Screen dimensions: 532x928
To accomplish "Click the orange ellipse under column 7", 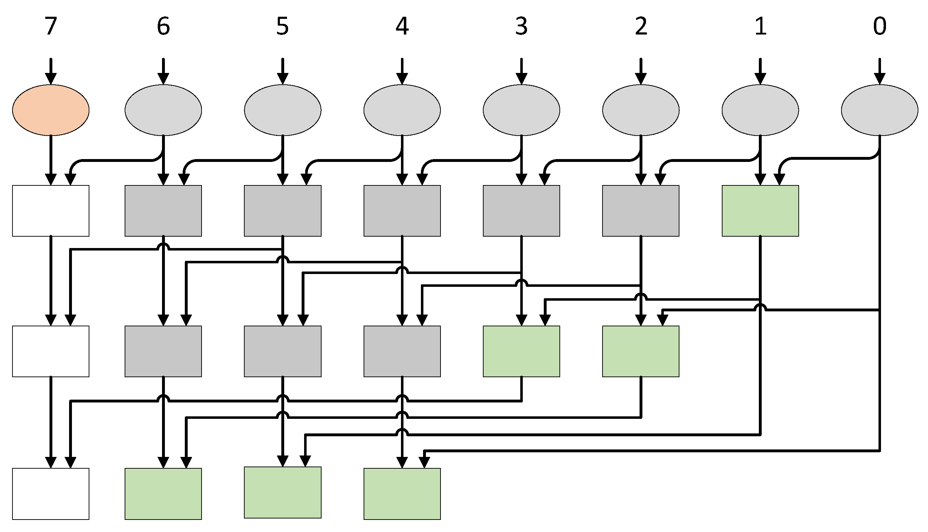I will (51, 110).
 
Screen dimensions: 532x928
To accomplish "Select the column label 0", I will (879, 26).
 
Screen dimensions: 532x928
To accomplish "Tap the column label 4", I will (402, 26).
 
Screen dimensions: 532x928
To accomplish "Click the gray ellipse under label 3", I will (521, 110).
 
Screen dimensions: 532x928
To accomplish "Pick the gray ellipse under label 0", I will (879, 110).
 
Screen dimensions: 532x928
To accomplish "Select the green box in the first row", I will (760, 211).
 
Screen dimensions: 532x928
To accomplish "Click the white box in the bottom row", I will (51, 494).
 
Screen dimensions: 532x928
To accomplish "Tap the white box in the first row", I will (51, 211).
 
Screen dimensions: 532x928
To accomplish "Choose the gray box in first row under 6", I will (163, 211).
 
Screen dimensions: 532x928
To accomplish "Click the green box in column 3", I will (521, 351).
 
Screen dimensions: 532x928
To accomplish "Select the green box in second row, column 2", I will (641, 351).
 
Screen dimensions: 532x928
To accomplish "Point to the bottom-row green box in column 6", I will (163, 494).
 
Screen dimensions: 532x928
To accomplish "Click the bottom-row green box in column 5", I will (283, 493).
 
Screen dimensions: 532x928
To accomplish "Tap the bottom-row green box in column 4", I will (402, 494).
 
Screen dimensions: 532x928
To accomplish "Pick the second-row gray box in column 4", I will (402, 351).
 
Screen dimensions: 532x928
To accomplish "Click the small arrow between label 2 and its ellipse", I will (641, 71).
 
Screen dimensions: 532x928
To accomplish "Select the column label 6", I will (163, 26).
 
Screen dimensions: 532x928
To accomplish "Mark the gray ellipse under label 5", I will (283, 110).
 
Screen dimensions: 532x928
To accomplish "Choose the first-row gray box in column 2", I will (641, 211).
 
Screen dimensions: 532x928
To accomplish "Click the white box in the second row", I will (51, 351).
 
